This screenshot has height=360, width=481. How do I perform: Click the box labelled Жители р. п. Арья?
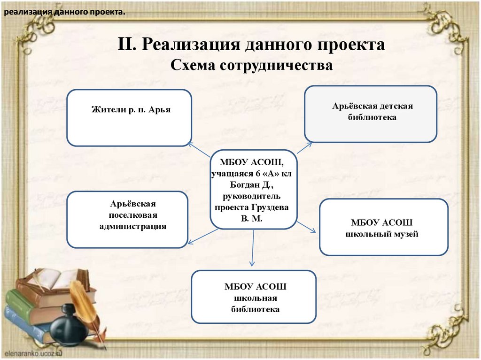pyautogui.click(x=129, y=118)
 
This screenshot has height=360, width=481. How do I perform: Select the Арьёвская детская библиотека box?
pyautogui.click(x=371, y=114)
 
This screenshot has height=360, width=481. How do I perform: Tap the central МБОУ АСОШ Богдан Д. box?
pyautogui.click(x=254, y=190)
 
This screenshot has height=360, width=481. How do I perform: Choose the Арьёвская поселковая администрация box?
pyautogui.click(x=127, y=219)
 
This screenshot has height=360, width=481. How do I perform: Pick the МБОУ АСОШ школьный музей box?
pyautogui.click(x=384, y=227)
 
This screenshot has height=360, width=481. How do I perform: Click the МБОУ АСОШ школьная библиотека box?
pyautogui.click(x=254, y=297)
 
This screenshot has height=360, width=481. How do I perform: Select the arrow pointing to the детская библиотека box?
pyautogui.click(x=304, y=147)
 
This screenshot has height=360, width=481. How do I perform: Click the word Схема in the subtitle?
pyautogui.click(x=191, y=65)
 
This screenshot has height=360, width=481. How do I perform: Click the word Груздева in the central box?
pyautogui.click(x=271, y=207)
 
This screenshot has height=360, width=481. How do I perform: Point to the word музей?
pyautogui.click(x=406, y=234)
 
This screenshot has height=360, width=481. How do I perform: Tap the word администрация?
pyautogui.click(x=133, y=226)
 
